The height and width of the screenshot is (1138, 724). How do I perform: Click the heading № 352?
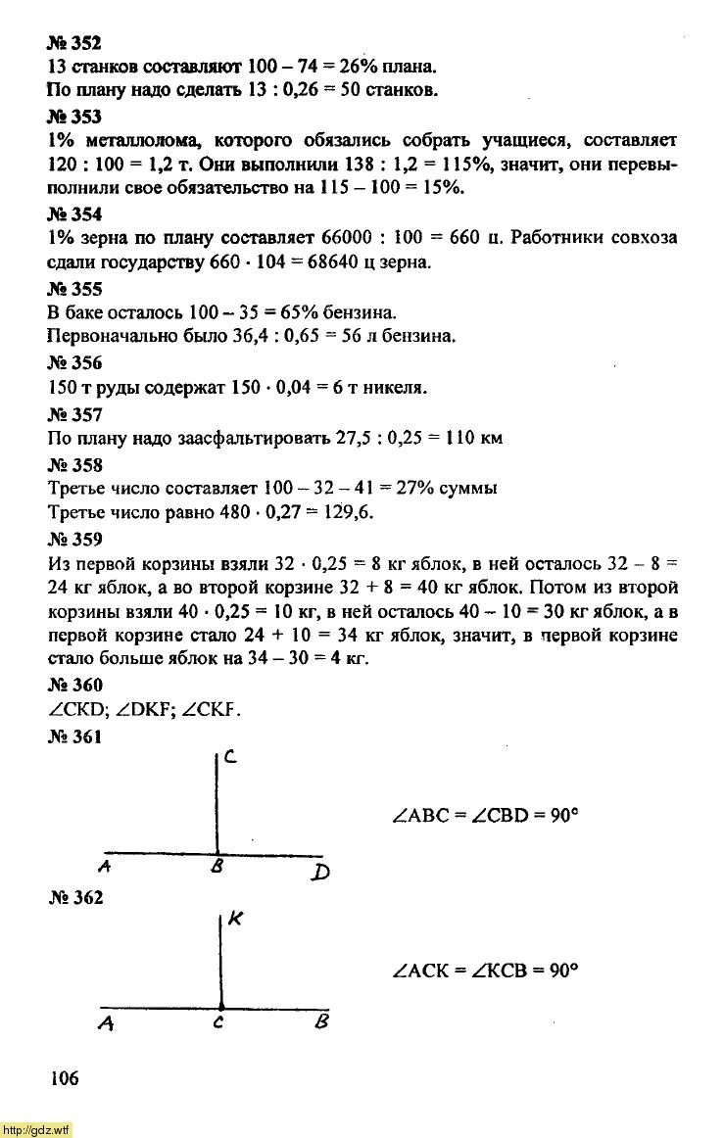tap(74, 44)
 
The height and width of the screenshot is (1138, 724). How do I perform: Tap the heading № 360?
tap(74, 685)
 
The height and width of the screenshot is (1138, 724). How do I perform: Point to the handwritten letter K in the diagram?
tap(235, 920)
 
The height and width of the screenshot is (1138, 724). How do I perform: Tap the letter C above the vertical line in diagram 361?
tap(228, 756)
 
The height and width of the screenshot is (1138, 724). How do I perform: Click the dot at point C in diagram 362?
tap(220, 1006)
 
